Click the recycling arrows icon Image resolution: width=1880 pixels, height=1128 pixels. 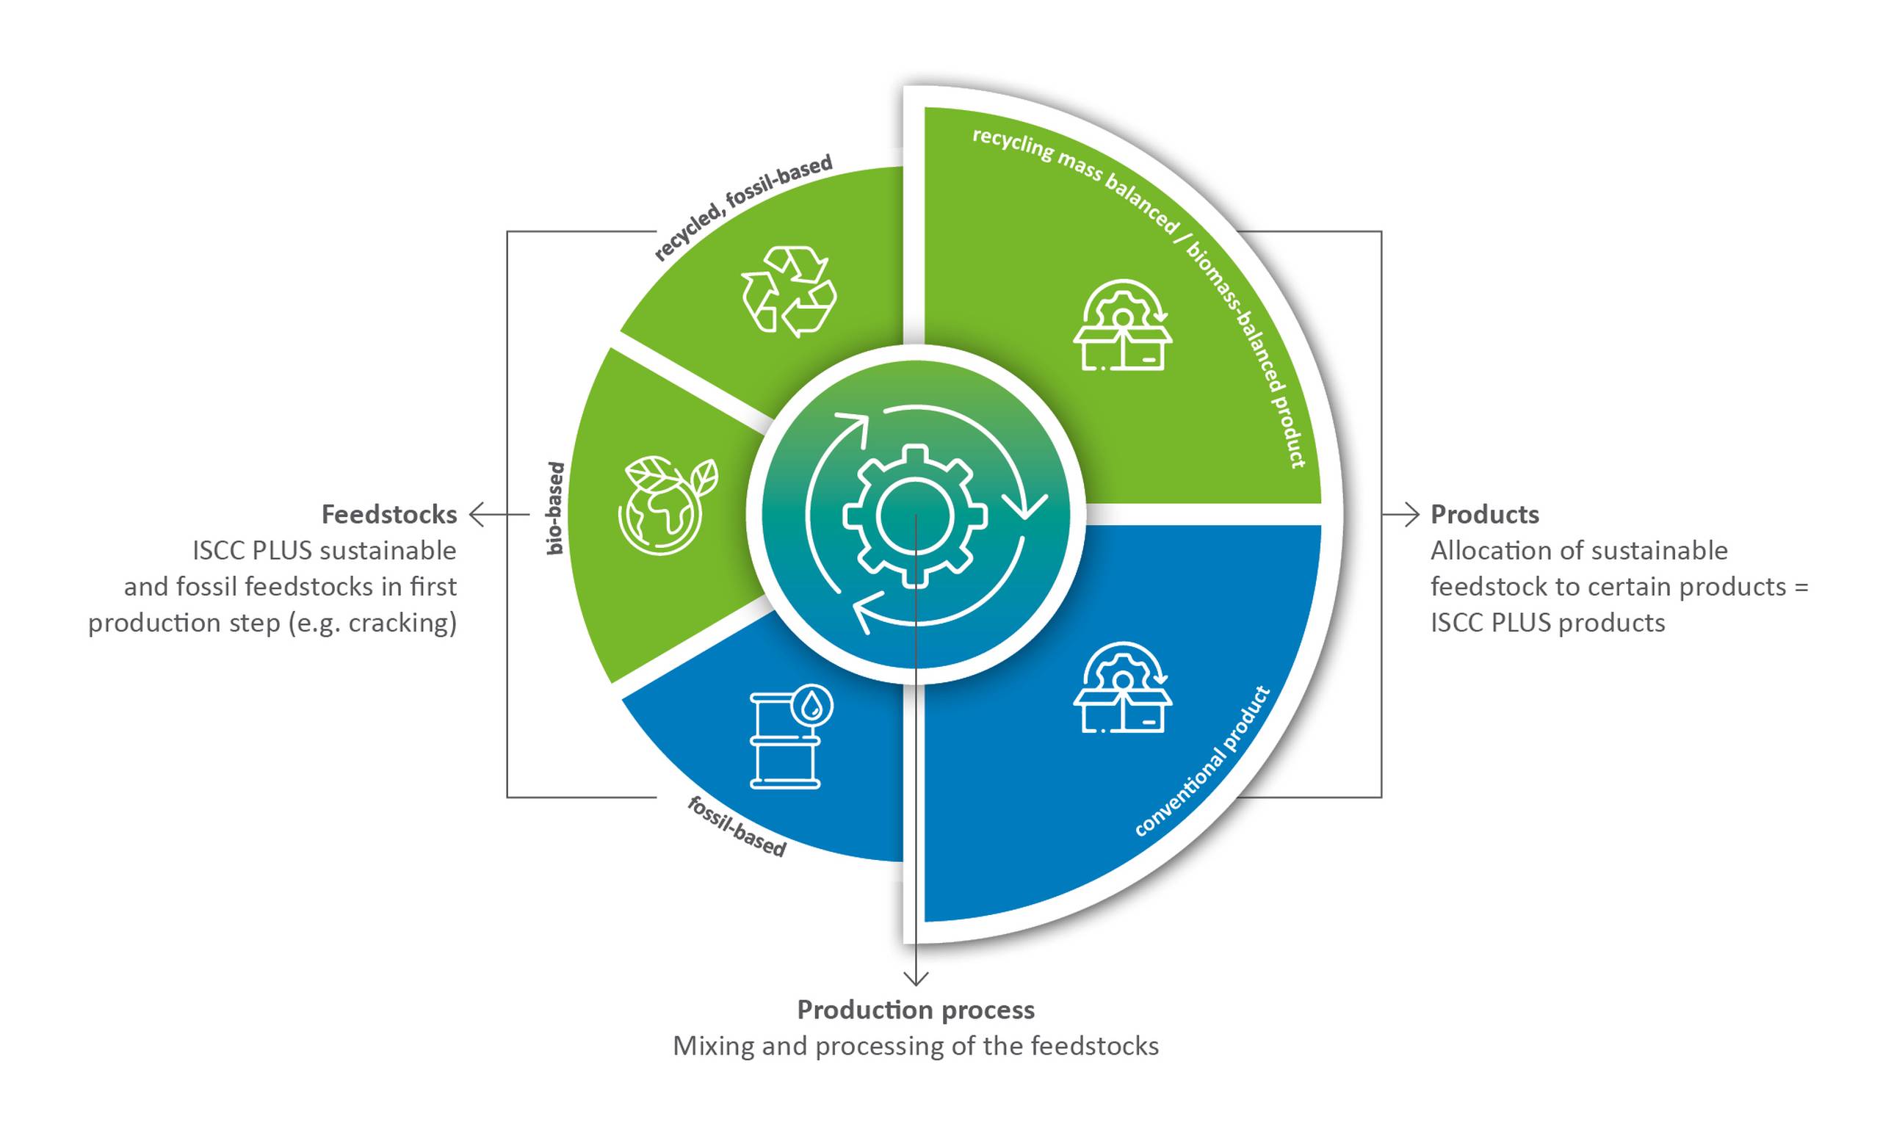coord(789,291)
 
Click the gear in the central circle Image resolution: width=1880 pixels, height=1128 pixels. coord(915,516)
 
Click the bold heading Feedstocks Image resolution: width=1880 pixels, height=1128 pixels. coord(389,515)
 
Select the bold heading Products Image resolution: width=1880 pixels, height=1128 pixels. coord(1484,515)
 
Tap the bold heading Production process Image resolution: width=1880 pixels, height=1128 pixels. coord(915,1010)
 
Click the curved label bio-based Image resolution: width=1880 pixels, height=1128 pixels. coord(555,507)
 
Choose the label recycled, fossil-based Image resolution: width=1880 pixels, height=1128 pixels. coord(742,207)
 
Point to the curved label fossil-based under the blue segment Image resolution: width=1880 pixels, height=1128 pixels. coord(736,827)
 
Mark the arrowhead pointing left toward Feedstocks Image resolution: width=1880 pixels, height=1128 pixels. coord(476,515)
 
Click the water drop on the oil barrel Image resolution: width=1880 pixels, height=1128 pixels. coord(812,707)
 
